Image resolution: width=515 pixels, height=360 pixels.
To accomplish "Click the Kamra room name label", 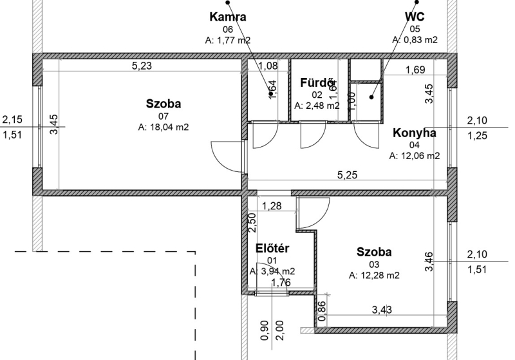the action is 228,17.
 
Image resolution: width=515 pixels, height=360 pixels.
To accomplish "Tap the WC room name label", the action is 415,17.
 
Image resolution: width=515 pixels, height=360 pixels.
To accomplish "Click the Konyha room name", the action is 415,133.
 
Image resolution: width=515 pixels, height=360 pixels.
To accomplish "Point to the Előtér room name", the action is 272,249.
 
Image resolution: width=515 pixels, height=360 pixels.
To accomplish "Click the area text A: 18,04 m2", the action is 164,127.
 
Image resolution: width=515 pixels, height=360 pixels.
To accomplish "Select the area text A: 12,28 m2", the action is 374,275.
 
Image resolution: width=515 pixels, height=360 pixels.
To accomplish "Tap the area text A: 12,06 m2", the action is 415,156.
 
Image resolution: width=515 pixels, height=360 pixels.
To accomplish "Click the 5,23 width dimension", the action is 142,66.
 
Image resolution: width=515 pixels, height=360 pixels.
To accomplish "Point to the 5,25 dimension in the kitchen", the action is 347,175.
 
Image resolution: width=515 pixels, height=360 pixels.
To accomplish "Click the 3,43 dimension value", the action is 382,309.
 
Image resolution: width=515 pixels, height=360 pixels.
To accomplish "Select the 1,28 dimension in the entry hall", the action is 272,206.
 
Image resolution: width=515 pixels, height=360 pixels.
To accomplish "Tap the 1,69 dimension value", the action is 415,70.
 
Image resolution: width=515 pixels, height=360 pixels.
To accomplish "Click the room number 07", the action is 164,116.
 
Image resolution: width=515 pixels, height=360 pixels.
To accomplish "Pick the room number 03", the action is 374,265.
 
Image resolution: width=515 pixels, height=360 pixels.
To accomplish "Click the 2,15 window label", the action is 12,119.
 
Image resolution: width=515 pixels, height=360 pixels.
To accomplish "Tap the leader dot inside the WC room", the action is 371,97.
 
